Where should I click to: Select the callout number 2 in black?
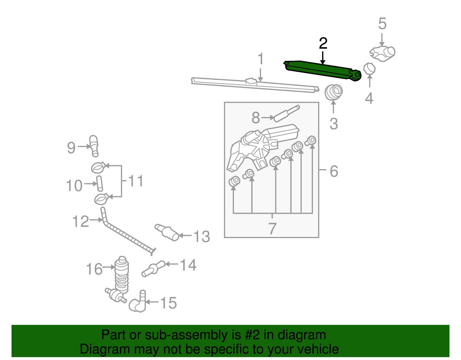pos(323,44)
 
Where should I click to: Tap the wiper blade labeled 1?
pos(254,85)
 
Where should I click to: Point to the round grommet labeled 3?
pos(334,92)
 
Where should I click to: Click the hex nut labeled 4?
pos(369,69)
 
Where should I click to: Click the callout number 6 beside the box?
pos(334,171)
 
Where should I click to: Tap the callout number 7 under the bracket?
pos(272,229)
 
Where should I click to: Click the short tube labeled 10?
pos(99,183)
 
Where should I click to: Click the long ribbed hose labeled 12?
pos(127,235)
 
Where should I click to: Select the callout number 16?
pos(94,269)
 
